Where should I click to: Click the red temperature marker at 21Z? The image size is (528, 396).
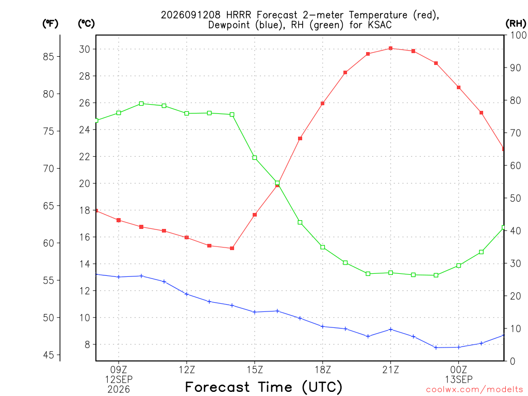coord(391,48)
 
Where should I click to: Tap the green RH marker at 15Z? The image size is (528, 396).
coord(255,158)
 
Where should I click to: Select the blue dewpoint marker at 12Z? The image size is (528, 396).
coord(187,294)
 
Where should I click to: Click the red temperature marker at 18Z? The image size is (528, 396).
coord(323,103)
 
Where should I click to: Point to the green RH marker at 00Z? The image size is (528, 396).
coord(458,266)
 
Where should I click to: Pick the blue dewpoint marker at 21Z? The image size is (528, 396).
coord(391,329)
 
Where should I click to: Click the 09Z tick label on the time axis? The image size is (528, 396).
coord(119,370)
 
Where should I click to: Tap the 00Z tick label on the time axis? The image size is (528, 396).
coord(458,370)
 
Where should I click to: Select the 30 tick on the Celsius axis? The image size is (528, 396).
coord(85,49)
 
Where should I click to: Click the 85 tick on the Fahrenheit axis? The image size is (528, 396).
coord(48,57)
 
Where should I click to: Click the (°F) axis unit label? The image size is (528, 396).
coord(50,24)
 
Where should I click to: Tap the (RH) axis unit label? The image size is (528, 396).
coord(516,24)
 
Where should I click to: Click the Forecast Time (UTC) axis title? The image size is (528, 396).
coord(263,387)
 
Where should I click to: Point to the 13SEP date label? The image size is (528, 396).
coord(458,379)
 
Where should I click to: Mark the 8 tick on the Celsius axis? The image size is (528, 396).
coord(88,344)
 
